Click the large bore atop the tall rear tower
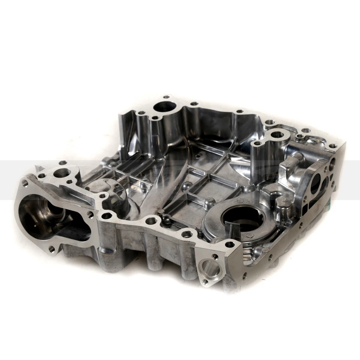point(164,106)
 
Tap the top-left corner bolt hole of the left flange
point(25,183)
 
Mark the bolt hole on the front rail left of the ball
point(150,220)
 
